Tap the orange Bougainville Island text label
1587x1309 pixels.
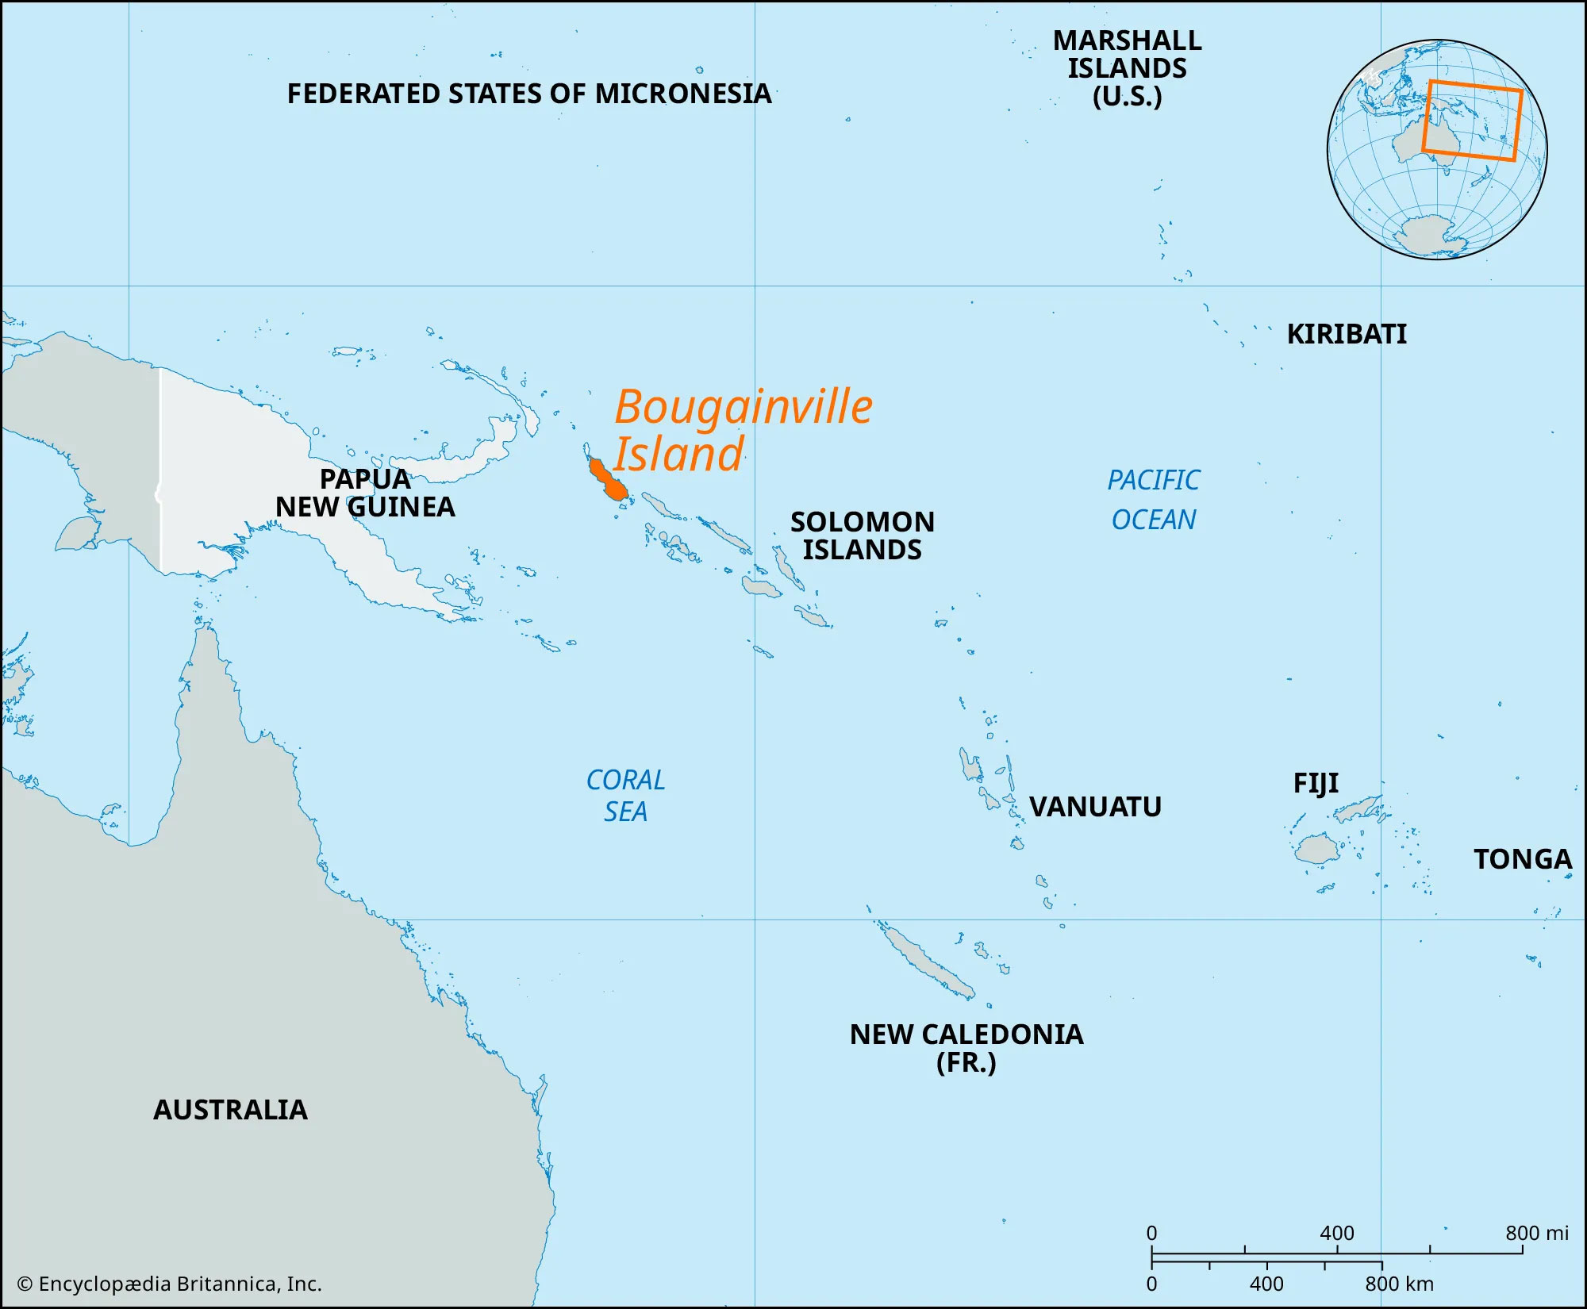[x=742, y=430]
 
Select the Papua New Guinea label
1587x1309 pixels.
[x=365, y=493]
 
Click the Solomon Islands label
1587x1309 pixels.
[x=863, y=535]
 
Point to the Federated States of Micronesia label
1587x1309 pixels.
[x=528, y=94]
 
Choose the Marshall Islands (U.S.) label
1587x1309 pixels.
[x=1127, y=68]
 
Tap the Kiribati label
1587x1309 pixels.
[x=1347, y=334]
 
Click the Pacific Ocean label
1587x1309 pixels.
[x=1154, y=500]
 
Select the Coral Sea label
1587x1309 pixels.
[x=625, y=796]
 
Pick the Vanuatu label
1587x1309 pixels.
[x=1095, y=807]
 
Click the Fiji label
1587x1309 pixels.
[x=1316, y=784]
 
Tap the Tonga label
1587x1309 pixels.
[x=1522, y=859]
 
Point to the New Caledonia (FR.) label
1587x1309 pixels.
[x=966, y=1048]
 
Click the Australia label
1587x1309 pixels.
[x=230, y=1110]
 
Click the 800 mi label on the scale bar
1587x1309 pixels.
[x=1537, y=1233]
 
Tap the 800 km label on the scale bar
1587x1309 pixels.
[x=1400, y=1284]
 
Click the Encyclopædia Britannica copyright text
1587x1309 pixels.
[x=170, y=1284]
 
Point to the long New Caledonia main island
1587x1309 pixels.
[x=925, y=962]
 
